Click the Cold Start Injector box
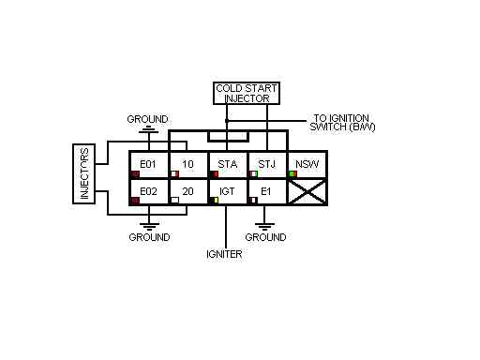247,93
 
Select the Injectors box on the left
82,173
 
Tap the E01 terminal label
142,164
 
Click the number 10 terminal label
187,164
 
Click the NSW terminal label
305,164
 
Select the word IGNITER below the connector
225,253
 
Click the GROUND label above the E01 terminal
148,119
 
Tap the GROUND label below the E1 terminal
265,237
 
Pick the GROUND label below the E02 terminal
149,237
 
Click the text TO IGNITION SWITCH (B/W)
342,122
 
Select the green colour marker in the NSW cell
292,173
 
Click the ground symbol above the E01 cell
148,131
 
